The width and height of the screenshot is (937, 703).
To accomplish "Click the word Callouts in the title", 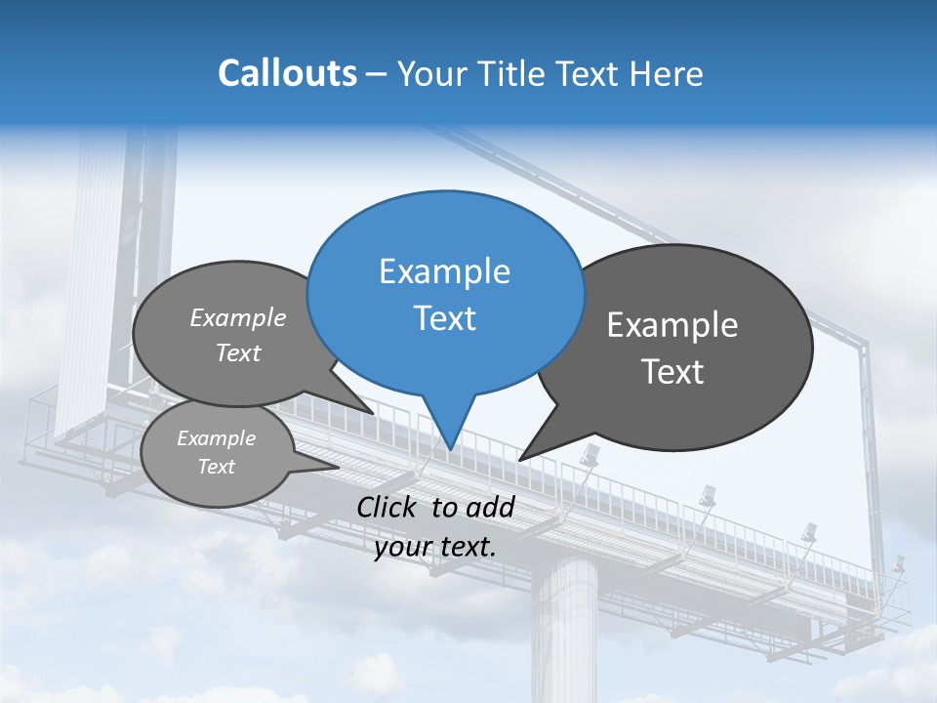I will tap(287, 73).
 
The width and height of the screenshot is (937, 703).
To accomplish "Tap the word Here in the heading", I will tap(667, 73).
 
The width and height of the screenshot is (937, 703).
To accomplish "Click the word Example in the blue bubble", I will tap(444, 271).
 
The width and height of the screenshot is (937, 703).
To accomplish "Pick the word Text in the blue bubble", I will tap(444, 318).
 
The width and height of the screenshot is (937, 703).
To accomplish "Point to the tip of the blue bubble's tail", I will tap(450, 448).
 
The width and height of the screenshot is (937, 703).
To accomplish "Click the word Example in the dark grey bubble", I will tap(672, 325).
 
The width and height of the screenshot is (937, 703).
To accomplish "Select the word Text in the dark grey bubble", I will tap(672, 372).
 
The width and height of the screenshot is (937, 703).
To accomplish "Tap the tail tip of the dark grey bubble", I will tap(519, 459).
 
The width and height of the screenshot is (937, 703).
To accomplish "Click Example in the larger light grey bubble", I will tap(238, 318).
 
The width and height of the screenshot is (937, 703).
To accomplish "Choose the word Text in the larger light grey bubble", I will tap(238, 353).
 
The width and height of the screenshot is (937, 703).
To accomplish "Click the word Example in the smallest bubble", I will tap(216, 438).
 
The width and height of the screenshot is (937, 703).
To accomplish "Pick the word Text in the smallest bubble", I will tap(216, 467).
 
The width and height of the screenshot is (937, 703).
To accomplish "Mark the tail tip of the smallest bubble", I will tap(339, 468).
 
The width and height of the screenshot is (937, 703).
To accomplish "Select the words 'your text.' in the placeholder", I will tap(435, 547).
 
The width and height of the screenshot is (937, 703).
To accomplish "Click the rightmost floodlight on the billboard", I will tap(896, 565).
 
